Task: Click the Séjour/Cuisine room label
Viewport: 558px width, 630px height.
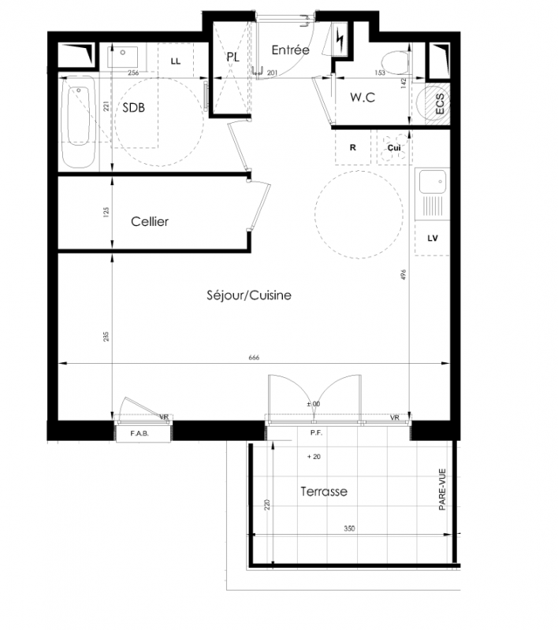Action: point(249,296)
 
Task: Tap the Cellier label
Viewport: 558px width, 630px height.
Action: point(150,221)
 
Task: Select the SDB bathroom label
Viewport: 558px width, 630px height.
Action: point(133,108)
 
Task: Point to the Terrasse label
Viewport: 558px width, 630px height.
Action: point(324,491)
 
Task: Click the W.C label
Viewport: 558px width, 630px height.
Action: point(363,97)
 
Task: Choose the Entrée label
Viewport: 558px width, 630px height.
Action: point(290,50)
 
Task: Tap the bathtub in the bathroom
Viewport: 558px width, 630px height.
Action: point(79,122)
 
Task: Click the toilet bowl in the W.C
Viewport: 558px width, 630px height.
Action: point(395,63)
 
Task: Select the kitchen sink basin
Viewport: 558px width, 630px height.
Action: point(433,182)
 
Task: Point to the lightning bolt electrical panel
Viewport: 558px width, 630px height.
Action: point(340,39)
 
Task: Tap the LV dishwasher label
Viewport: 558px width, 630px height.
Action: point(433,239)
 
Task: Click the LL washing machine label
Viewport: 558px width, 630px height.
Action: point(176,61)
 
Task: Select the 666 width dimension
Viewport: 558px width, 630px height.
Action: point(254,358)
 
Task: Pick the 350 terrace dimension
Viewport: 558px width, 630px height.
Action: point(349,528)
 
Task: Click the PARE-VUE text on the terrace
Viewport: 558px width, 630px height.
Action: point(442,489)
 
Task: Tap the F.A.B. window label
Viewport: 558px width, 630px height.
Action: point(139,434)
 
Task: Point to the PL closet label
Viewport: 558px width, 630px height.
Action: point(233,57)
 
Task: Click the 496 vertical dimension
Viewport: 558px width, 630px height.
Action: point(404,275)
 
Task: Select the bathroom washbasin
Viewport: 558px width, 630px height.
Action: point(123,57)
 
